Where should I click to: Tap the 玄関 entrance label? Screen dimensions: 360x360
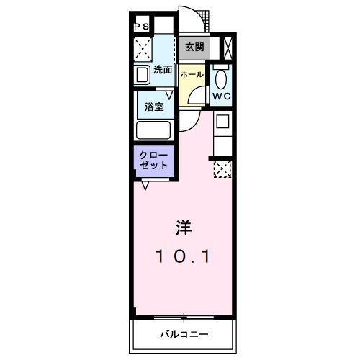click(194, 48)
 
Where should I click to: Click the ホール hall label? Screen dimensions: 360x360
click(192, 75)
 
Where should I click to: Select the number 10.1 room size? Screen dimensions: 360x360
click(184, 256)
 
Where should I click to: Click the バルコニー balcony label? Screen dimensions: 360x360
click(184, 335)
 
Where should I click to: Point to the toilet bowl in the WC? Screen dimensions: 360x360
click(221, 78)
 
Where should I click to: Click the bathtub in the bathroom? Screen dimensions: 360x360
click(153, 131)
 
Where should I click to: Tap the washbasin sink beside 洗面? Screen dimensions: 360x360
click(141, 73)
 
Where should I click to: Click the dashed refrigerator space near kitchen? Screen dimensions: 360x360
click(221, 169)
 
